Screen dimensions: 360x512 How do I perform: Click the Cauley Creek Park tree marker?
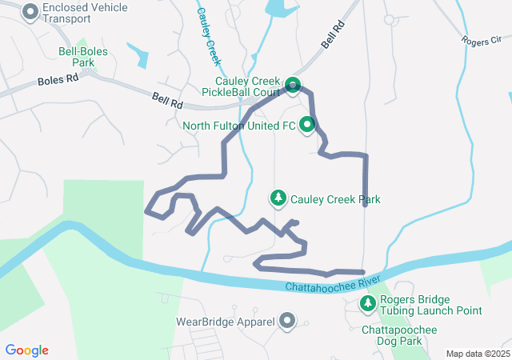coord(278,198)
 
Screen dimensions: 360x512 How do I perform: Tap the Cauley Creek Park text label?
coord(335,199)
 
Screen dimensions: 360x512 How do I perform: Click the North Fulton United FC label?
coord(238,126)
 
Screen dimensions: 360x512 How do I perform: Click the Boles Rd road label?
coord(58,81)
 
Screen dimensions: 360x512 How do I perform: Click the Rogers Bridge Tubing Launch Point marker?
coord(368,303)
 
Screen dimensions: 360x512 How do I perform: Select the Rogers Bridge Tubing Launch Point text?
coord(430,306)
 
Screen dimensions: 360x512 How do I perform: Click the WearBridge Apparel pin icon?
coord(287,322)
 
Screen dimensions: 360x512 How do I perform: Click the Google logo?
coord(27,350)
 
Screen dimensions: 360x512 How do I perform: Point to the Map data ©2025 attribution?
coord(478,354)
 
